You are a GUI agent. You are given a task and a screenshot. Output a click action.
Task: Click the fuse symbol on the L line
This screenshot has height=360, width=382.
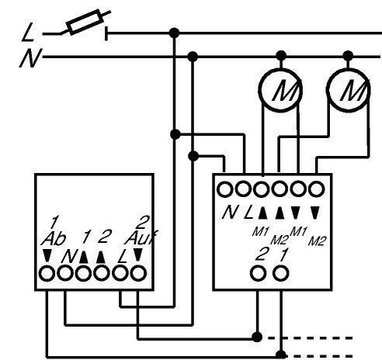click(x=85, y=22)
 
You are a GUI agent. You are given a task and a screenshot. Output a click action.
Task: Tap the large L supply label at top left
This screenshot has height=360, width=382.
click(x=28, y=32)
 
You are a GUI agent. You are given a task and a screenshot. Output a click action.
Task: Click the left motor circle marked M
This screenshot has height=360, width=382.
click(x=280, y=90)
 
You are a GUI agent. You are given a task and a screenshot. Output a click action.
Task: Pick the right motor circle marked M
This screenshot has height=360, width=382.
click(x=348, y=90)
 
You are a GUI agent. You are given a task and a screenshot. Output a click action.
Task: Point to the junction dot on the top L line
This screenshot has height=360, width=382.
click(x=174, y=33)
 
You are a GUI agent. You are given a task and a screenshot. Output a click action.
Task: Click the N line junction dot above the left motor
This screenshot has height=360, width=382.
click(x=281, y=56)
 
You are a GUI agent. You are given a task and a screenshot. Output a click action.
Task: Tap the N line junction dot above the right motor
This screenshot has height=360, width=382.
click(x=348, y=56)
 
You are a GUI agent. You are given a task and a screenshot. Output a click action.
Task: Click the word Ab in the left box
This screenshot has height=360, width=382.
click(x=54, y=239)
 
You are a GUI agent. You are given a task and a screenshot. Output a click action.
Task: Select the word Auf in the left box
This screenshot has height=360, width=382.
click(x=141, y=238)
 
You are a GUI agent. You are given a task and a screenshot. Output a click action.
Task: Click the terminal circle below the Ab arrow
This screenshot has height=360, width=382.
click(x=47, y=274)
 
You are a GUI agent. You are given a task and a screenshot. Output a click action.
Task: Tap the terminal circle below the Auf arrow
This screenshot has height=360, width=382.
click(x=138, y=274)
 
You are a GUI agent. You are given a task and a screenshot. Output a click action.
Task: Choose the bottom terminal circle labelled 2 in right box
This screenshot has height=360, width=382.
click(x=258, y=273)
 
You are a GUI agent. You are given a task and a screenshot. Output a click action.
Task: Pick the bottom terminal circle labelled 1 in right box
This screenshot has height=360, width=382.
click(x=281, y=273)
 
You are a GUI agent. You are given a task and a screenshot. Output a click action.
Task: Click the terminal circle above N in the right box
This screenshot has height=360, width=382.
click(x=224, y=189)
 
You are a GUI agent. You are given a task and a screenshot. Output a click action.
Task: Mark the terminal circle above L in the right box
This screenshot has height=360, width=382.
click(x=243, y=189)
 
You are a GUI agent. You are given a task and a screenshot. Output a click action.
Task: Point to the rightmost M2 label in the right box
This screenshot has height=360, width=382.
click(x=317, y=241)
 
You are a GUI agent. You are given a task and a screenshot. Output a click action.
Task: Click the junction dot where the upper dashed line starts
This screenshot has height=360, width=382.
click(x=257, y=337)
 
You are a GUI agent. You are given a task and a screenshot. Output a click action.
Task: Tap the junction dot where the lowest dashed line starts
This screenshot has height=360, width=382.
click(x=281, y=355)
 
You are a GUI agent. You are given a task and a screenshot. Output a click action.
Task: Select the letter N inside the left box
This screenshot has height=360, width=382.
click(x=69, y=256)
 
